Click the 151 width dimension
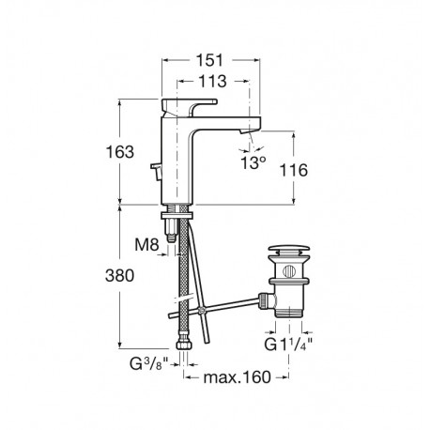tap(213, 59)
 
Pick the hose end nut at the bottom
tap(182, 349)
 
